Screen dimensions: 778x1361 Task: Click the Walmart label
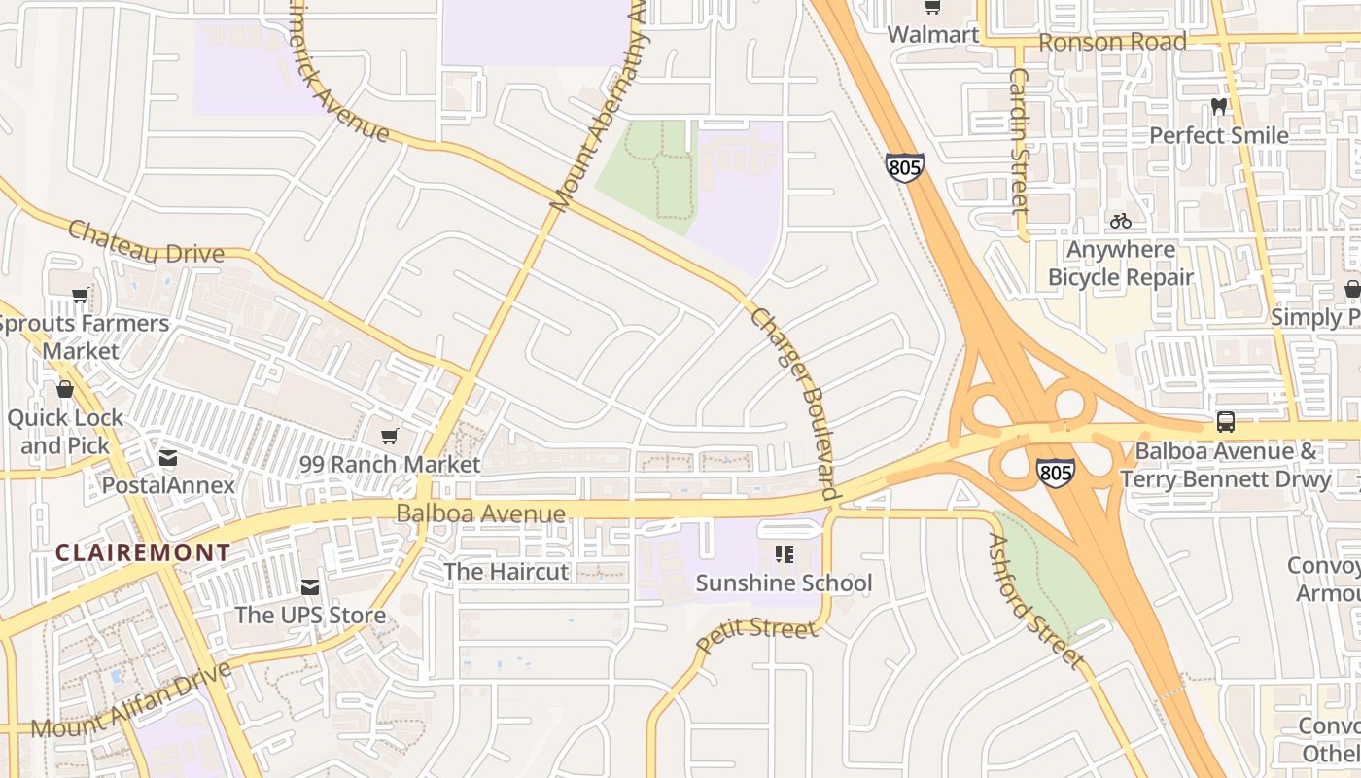(932, 35)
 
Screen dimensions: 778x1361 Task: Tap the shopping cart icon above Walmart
(932, 7)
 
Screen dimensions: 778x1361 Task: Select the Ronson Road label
(1112, 42)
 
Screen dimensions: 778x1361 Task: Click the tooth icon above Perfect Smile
(1218, 107)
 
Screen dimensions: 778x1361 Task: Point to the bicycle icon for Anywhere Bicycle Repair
(1120, 221)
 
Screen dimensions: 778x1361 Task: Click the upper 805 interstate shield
(904, 168)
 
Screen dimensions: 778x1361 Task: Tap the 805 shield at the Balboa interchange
(1055, 474)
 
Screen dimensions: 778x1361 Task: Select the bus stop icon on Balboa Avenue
(1225, 422)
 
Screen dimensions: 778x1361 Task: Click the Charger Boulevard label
(794, 404)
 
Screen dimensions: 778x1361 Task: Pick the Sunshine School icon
(784, 555)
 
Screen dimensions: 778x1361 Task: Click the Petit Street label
(757, 633)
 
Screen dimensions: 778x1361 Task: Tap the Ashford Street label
(1036, 601)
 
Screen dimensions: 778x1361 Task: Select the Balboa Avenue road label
(480, 513)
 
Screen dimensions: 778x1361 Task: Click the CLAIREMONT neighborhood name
(143, 552)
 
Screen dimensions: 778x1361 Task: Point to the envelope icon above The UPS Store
(310, 587)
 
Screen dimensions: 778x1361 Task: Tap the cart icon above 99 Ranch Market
(390, 437)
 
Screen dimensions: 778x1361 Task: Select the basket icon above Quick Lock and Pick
(65, 390)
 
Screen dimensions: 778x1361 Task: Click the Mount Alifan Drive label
(131, 700)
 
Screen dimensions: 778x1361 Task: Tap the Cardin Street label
(1019, 140)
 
